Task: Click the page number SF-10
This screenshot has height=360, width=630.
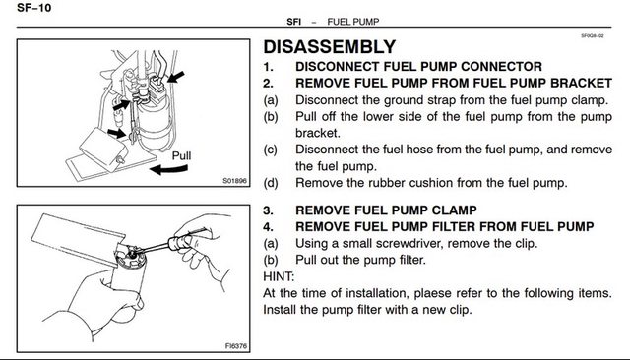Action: pyautogui.click(x=34, y=7)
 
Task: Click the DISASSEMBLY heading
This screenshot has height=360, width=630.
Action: pyautogui.click(x=330, y=47)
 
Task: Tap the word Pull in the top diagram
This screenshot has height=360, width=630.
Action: pyautogui.click(x=181, y=155)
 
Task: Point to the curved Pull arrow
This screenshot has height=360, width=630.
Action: pyautogui.click(x=168, y=169)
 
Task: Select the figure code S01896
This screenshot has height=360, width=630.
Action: pyautogui.click(x=234, y=181)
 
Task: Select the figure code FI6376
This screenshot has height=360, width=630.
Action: pyautogui.click(x=236, y=346)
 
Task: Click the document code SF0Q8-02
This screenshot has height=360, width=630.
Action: pyautogui.click(x=593, y=35)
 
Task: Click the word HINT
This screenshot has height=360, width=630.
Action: pyautogui.click(x=279, y=276)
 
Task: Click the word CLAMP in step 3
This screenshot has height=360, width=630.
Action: pyautogui.click(x=455, y=210)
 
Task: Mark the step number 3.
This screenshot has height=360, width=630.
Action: pyautogui.click(x=268, y=210)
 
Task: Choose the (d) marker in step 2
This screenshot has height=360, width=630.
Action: pyautogui.click(x=271, y=183)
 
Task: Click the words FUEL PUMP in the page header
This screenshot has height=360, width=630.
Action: pyautogui.click(x=353, y=22)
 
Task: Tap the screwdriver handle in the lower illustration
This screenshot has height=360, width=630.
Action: pyautogui.click(x=180, y=243)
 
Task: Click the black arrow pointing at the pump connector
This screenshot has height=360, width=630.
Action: pyautogui.click(x=175, y=77)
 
